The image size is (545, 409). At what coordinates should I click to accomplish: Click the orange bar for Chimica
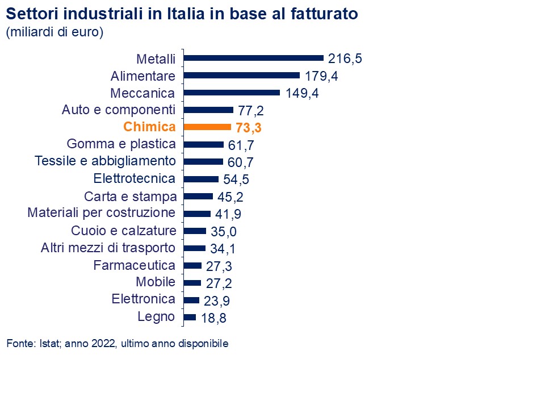[x=208, y=127]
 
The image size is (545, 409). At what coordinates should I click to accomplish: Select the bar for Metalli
[x=254, y=57]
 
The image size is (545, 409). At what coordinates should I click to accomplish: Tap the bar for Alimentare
[x=242, y=75]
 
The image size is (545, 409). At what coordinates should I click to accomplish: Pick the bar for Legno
[x=190, y=317]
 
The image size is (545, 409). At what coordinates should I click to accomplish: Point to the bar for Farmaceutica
[x=193, y=265]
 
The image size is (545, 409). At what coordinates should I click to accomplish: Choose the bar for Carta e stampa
[x=199, y=197]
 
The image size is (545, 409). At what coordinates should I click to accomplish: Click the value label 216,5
[x=345, y=58]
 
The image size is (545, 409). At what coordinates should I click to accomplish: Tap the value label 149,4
[x=301, y=93]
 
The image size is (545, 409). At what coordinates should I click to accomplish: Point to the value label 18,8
[x=213, y=318]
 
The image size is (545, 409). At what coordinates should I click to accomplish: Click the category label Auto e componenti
[x=119, y=110]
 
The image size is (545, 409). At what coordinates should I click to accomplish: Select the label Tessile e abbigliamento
[x=105, y=161]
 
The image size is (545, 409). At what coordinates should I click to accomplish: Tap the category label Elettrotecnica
[x=134, y=178]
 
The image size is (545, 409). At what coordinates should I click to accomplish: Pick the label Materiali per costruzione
[x=102, y=213]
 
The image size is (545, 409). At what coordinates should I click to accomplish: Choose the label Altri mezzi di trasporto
[x=108, y=248]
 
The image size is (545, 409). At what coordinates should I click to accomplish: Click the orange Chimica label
[x=149, y=127]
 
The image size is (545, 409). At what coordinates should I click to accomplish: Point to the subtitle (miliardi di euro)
[x=54, y=32]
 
